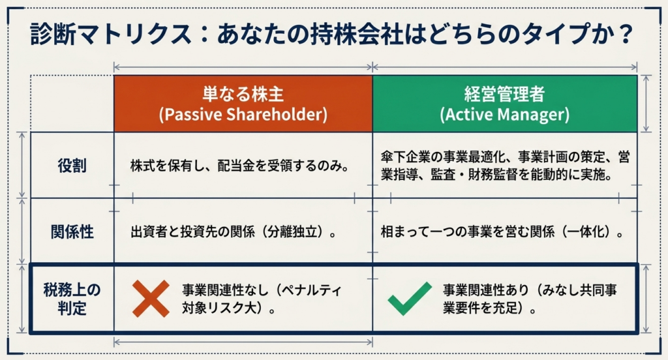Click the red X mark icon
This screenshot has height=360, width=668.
pos(151,299)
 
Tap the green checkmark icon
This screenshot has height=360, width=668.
pos(410,299)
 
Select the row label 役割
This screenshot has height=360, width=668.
pos(72,166)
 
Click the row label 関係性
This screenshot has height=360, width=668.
pos(72,232)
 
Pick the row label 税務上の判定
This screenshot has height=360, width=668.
pos(72,299)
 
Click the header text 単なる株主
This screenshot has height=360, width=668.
pos(243,94)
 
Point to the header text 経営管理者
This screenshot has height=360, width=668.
pos(504,94)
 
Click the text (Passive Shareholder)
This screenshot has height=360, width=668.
pos(243,115)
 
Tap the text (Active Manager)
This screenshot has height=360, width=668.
pos(504,115)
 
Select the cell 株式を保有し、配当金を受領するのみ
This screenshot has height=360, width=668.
pos(240,166)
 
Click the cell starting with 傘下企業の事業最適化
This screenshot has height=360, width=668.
pos(506,166)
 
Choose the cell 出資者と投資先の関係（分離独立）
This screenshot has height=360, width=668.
pos(234,232)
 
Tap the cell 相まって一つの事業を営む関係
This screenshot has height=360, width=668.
pos(502,232)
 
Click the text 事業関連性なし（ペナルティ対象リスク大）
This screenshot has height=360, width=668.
pos(262,299)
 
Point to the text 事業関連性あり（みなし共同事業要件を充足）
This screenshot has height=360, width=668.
pos(530,299)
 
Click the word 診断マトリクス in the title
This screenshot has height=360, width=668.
pos(111,34)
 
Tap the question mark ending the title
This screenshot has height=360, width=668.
pos(626,34)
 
